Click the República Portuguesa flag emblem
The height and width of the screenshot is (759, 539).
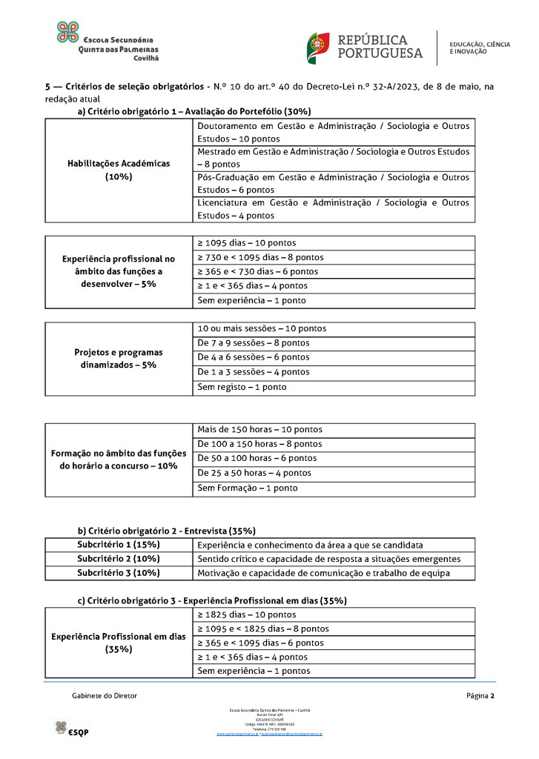[319, 47]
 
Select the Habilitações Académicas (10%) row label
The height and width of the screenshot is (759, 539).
[119, 170]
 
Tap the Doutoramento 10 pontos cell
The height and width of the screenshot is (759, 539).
[333, 133]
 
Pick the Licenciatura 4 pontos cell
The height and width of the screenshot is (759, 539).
[333, 209]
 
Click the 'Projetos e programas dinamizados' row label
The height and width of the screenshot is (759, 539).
[119, 359]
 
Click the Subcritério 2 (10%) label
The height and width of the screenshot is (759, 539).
[119, 559]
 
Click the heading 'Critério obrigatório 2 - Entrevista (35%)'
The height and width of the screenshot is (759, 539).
[167, 531]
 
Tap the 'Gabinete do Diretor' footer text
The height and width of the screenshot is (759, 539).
[105, 696]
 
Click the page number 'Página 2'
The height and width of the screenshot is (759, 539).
[480, 696]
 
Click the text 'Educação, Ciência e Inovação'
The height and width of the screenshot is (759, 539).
[480, 48]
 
